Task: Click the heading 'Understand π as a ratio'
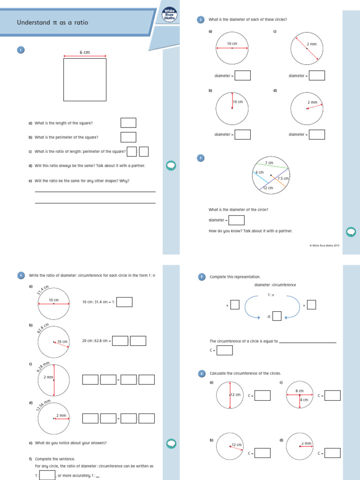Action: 52,22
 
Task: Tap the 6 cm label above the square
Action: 84,52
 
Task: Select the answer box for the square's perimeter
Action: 128,137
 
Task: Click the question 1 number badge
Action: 21,50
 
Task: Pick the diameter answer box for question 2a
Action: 242,75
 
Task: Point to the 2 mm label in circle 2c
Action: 312,44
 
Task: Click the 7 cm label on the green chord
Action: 269,163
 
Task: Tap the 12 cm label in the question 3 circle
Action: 268,188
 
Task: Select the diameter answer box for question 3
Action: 236,220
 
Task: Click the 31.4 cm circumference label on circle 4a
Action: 43,290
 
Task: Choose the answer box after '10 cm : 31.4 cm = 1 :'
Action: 124,302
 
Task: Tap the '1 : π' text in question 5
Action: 270,295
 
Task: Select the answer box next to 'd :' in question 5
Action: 277,316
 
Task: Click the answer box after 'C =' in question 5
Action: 225,350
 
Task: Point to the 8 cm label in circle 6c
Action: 300,390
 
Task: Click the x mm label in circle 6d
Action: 306,443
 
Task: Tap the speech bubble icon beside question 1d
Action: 171,165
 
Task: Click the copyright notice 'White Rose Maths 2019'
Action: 324,245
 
